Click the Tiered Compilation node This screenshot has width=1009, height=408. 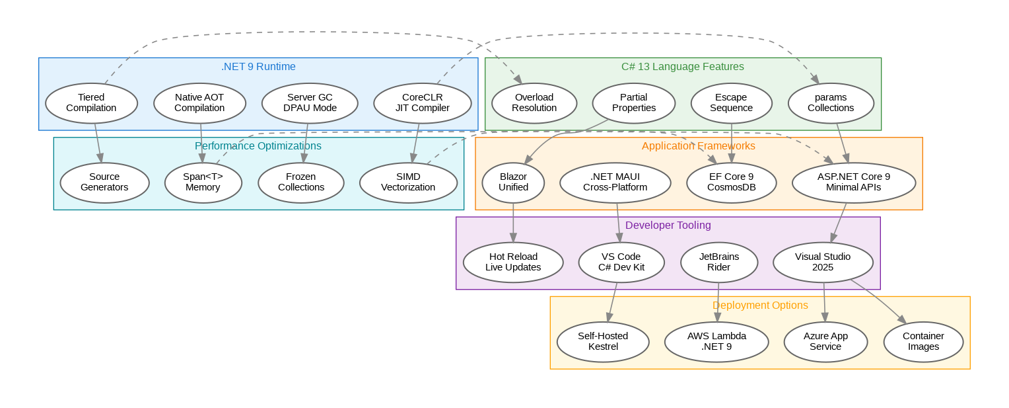[91, 103]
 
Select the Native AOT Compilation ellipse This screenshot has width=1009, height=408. [199, 103]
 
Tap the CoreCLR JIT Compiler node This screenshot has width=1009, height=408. [422, 103]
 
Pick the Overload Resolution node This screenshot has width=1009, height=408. [534, 103]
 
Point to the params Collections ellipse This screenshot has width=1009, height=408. [831, 103]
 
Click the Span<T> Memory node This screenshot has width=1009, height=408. [203, 183]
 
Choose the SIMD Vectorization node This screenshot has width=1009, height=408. [408, 183]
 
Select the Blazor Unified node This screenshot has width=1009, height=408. [513, 183]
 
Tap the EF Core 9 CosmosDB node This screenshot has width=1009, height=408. [730, 183]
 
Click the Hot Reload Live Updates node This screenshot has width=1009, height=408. [513, 263]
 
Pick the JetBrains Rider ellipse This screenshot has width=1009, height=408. [719, 263]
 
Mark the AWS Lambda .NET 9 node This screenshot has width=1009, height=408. [716, 342]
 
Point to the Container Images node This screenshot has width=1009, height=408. [923, 342]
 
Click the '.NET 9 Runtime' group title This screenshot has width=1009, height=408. [258, 67]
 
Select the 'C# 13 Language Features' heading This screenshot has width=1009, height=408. [683, 67]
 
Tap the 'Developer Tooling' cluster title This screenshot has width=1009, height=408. [668, 225]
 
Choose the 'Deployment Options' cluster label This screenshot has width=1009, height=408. [760, 306]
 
